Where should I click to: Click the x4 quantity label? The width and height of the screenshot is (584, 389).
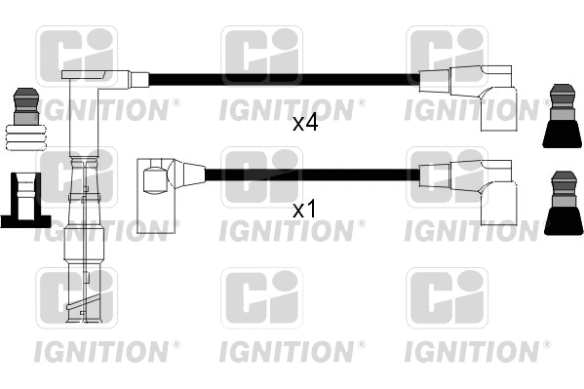pyautogui.click(x=306, y=124)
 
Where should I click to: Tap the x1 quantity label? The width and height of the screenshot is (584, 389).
pyautogui.click(x=306, y=209)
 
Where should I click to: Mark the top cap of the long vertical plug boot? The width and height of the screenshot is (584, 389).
pyautogui.click(x=97, y=78)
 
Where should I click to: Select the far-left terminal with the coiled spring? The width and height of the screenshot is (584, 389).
pyautogui.click(x=23, y=121)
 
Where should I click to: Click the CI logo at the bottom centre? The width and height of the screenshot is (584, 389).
pyautogui.click(x=261, y=296)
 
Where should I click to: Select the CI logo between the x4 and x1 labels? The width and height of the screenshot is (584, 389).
pyautogui.click(x=261, y=175)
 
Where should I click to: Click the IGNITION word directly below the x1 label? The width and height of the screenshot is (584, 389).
pyautogui.click(x=289, y=231)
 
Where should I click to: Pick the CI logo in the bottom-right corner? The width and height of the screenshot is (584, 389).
pyautogui.click(x=447, y=296)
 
